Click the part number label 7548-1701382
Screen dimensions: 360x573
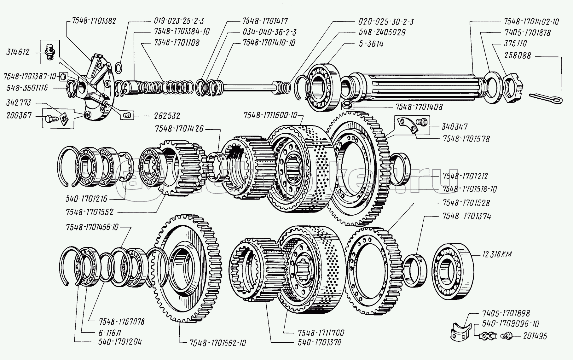coord(90,21)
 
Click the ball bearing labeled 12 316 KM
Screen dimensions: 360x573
coord(452,271)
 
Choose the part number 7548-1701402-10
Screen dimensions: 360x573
coord(531,22)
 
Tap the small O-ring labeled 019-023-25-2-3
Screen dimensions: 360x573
coord(118,67)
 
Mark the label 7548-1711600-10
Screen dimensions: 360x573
coord(270,115)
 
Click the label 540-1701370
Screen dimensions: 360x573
coord(319,342)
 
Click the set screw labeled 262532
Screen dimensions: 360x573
coord(127,115)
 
